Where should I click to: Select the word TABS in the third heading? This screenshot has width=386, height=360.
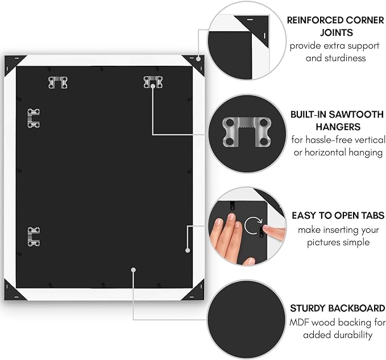coord(371,216)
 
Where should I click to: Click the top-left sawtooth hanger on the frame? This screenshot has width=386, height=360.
coord(58,83)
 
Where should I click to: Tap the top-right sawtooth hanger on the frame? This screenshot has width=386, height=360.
coord(153,82)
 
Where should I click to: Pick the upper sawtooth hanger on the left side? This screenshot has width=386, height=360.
coord(34,118)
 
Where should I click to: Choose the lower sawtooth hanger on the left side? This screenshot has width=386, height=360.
coord(34,237)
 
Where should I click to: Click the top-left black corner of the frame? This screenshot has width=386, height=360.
coord(13,62)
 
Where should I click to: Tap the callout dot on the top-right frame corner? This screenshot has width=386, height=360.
coord(198,58)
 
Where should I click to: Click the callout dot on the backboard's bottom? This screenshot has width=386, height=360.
coord(133,270)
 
